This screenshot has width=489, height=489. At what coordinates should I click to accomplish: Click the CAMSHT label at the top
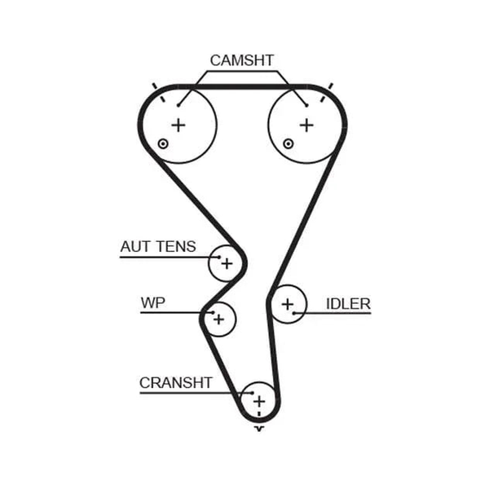coord(242,60)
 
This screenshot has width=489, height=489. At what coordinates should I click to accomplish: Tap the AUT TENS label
coord(158,247)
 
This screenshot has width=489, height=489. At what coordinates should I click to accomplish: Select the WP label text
coord(153,302)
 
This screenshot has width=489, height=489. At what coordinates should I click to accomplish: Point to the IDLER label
coord(348,304)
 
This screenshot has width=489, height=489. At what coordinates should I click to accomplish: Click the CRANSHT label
coord(175,383)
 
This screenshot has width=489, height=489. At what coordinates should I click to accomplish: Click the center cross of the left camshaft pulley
coord(178,126)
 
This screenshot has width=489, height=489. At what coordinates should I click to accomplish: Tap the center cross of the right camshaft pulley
coord(306,126)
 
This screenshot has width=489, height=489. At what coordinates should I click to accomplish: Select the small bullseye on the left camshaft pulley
coord(163,144)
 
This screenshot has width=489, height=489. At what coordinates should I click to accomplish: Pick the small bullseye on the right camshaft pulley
coord(289,144)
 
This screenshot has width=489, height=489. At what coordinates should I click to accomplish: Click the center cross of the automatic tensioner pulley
coord(227,264)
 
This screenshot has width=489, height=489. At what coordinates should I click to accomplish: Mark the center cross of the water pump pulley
coord(218,319)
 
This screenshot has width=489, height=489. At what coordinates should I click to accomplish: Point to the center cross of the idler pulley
coord(287,304)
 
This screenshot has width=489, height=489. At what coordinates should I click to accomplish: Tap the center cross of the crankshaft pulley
coord(259,401)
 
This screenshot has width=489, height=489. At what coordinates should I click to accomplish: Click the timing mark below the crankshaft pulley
coord(259,429)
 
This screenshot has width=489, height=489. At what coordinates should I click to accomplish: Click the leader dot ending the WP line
coord(213,312)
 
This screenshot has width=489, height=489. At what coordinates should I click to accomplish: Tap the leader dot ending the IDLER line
coord(293,313)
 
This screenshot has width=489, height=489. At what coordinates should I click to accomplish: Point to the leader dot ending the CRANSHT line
coord(253,393)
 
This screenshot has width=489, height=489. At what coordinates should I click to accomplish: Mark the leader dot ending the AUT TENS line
coord(219,258)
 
